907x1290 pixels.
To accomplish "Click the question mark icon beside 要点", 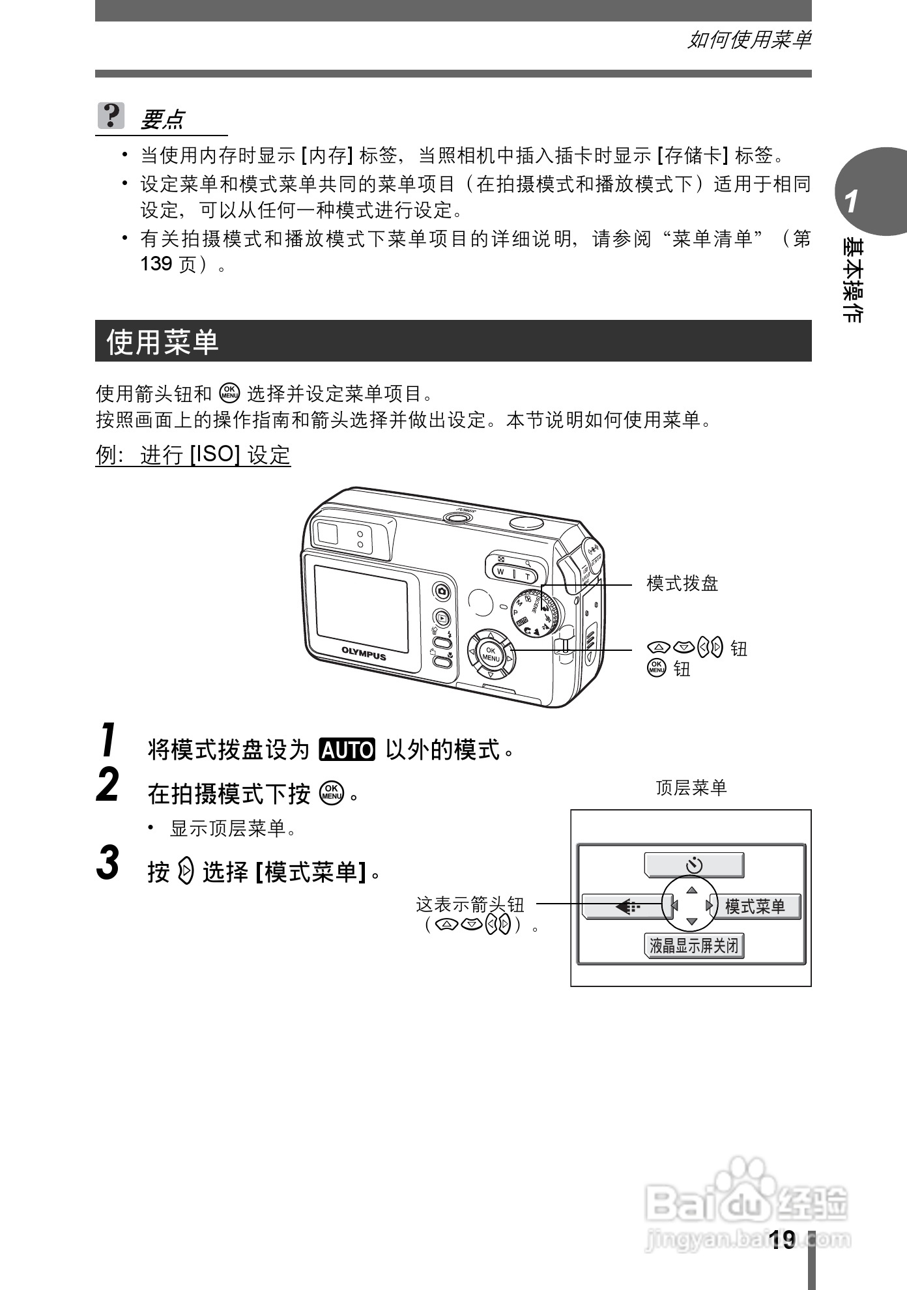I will [x=111, y=116].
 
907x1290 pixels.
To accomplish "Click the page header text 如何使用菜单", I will [x=749, y=40].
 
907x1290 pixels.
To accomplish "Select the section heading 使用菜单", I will [x=163, y=341].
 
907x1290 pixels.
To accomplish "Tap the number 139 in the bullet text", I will [x=156, y=265].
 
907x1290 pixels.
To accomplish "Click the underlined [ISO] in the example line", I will [x=215, y=454].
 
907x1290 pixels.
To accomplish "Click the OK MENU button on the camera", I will [x=491, y=654].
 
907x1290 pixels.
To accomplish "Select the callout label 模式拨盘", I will [x=682, y=583].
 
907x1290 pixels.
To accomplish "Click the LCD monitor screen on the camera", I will [x=362, y=609].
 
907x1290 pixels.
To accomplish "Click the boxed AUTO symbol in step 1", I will [x=347, y=750].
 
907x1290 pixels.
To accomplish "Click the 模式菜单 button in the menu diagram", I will [x=755, y=906].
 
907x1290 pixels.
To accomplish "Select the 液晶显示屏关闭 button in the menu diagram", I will [x=694, y=945].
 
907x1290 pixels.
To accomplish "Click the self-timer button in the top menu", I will [x=694, y=865].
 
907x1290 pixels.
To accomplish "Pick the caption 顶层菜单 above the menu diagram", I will [x=691, y=788].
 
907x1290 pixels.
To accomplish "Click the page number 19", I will [x=781, y=1240].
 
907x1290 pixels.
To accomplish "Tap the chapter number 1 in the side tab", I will [x=852, y=202].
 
